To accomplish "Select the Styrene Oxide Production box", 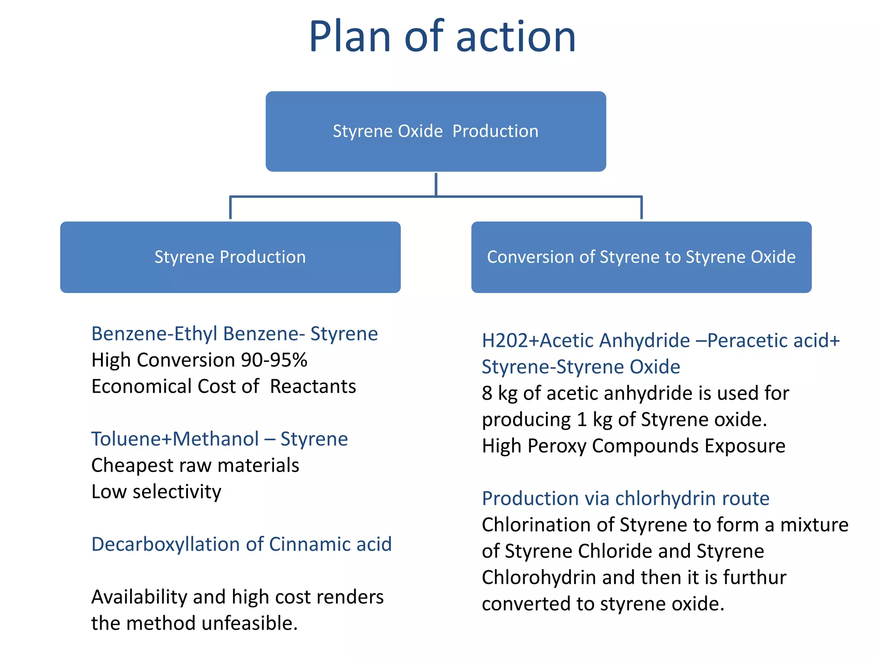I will [x=436, y=131].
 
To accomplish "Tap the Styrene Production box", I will [x=230, y=257].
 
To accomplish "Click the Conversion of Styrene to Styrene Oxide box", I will [x=641, y=257].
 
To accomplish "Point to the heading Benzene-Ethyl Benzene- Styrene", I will [x=234, y=334].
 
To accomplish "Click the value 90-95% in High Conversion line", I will [x=274, y=360].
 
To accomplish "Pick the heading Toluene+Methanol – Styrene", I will [x=219, y=439].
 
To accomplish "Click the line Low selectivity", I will [x=156, y=492].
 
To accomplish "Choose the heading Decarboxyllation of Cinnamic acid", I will [x=241, y=544].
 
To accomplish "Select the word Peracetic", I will [x=747, y=341].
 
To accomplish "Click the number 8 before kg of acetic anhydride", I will [x=487, y=394].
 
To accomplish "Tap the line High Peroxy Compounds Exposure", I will [x=633, y=446].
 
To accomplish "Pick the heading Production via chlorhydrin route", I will [x=625, y=499].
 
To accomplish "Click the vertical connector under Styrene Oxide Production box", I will [x=436, y=184].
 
